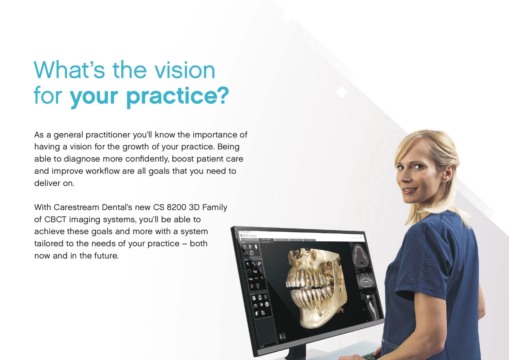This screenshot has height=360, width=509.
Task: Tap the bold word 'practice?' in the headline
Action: (x=178, y=96)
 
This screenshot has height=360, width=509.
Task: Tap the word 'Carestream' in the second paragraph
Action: (x=76, y=207)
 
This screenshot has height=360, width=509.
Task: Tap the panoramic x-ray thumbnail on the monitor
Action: (x=366, y=280)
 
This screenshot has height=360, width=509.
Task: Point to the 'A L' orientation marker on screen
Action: (x=282, y=337)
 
